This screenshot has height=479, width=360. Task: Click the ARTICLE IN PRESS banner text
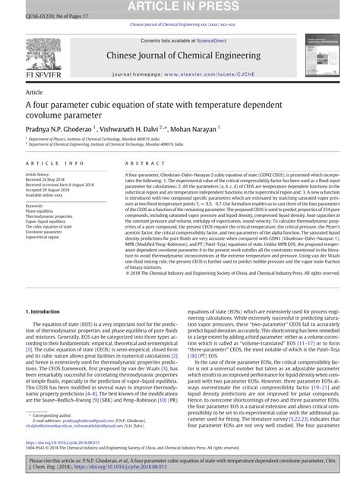pos(180,6)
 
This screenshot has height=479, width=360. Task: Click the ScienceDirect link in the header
pos(206,39)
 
